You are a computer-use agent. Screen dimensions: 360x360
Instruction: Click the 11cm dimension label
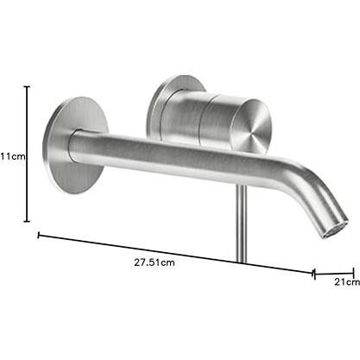pos(13,157)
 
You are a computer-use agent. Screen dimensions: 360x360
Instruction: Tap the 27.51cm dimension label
pos(155,262)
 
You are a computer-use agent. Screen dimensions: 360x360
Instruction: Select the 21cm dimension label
pos(347,282)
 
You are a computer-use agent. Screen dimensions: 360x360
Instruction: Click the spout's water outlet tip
pos(335,230)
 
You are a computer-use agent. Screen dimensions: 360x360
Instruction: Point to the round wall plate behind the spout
pos(75,145)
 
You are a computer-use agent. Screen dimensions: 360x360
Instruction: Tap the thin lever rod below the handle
pos(241,223)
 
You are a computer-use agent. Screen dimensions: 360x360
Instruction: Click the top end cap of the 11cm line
pos(27,86)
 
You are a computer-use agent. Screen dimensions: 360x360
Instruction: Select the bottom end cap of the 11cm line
pos(27,221)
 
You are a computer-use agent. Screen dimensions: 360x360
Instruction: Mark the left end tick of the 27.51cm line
pos(38,236)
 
